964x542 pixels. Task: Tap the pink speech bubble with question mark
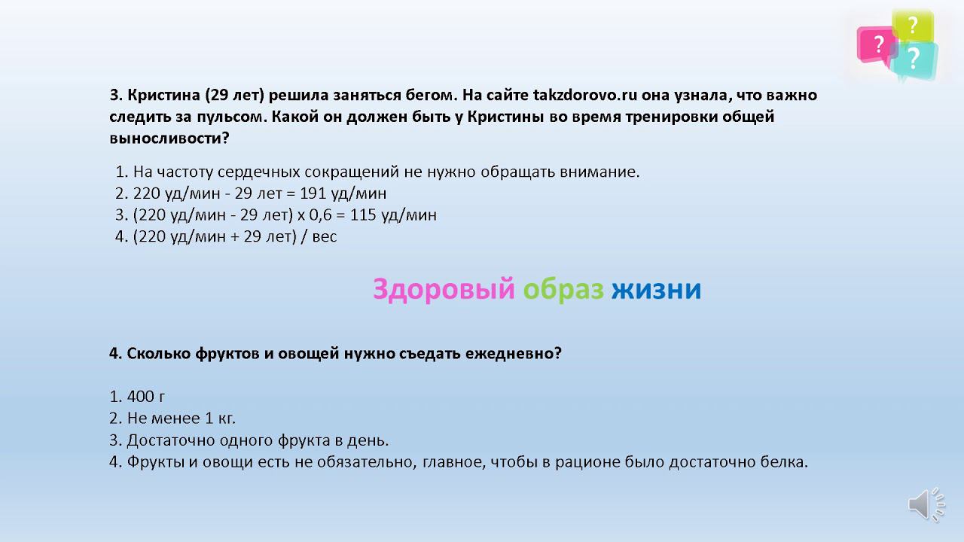pos(876,44)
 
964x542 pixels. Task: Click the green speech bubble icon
pos(913,26)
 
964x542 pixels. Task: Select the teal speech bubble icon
pos(914,59)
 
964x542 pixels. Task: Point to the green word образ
pos(563,289)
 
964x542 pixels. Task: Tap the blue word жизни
pos(656,289)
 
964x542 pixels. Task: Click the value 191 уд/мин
pos(343,193)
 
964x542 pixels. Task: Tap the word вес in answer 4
pos(322,236)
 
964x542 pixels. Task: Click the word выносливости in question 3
pos(168,139)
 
